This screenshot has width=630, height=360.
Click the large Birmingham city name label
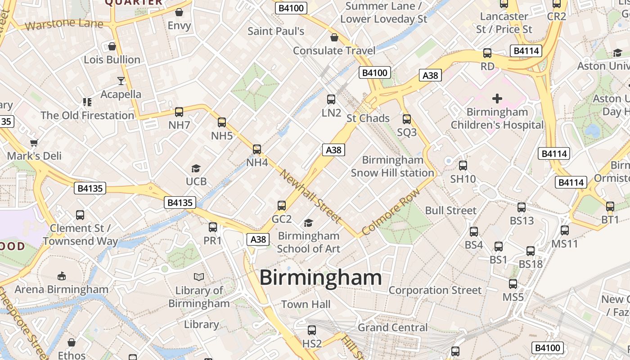tap(320, 277)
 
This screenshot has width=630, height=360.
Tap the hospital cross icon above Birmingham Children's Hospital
tap(497, 98)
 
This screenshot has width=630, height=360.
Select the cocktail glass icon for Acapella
tap(121, 81)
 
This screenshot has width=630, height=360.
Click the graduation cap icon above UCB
tap(196, 168)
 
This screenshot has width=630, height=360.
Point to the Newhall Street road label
tap(310, 196)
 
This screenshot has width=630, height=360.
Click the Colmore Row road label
tap(391, 211)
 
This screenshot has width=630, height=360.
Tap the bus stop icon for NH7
tap(179, 112)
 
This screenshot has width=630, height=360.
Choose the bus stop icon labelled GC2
tap(282, 206)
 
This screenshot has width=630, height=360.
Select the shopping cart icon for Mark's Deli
tap(34, 143)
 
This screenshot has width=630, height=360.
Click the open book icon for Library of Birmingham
tap(199, 277)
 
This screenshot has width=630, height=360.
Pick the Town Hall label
tap(306, 304)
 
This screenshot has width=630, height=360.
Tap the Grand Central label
tap(392, 327)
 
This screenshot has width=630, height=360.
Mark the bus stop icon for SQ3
tap(407, 119)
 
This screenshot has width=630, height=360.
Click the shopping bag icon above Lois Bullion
tap(112, 46)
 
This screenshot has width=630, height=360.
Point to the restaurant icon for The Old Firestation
tap(87, 102)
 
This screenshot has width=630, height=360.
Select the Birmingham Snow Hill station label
tap(392, 166)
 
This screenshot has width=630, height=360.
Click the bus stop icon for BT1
tap(610, 207)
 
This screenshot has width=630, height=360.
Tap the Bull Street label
tap(450, 210)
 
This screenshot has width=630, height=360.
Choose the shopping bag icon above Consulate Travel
tap(334, 37)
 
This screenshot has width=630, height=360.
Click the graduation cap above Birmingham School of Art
tap(308, 223)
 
